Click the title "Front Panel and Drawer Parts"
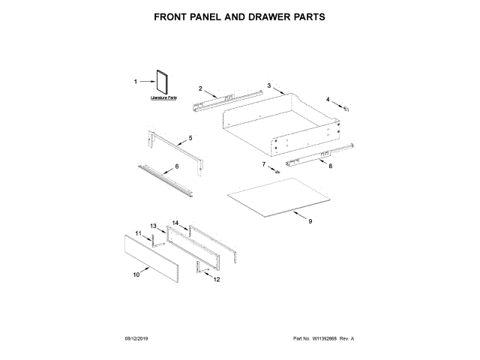coord(240,16)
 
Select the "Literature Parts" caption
coord(163,98)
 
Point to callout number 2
coord(200,89)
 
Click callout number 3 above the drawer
coord(268,86)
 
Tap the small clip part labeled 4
coord(346,108)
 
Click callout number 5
coord(190,138)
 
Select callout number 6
coord(177,166)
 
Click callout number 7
coord(264,163)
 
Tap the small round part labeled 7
coord(277,172)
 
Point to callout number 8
coord(330,165)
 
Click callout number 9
coord(310,221)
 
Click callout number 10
coord(136,275)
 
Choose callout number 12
coord(217,280)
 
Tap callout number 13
coord(152,226)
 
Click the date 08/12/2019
coord(137,339)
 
